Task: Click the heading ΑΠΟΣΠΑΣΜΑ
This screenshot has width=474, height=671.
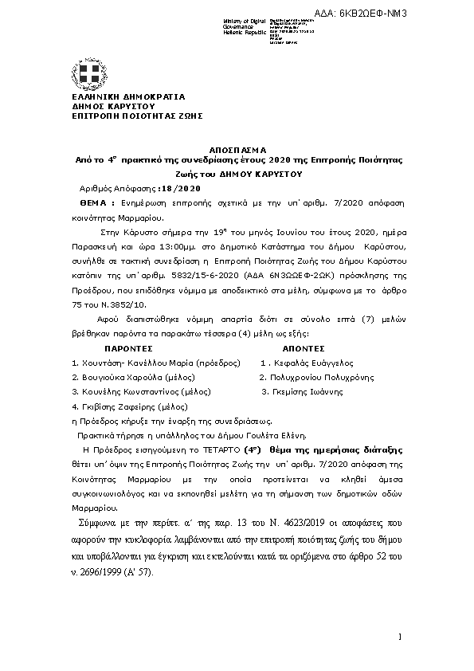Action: (237, 149)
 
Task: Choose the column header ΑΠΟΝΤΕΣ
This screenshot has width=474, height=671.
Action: (304, 348)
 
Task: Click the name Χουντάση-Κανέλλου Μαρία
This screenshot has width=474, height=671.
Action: (127, 363)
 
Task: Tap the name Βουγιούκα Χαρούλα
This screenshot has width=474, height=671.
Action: (119, 377)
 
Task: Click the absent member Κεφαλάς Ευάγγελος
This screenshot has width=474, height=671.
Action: (315, 363)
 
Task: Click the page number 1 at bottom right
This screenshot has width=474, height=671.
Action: (400, 636)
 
